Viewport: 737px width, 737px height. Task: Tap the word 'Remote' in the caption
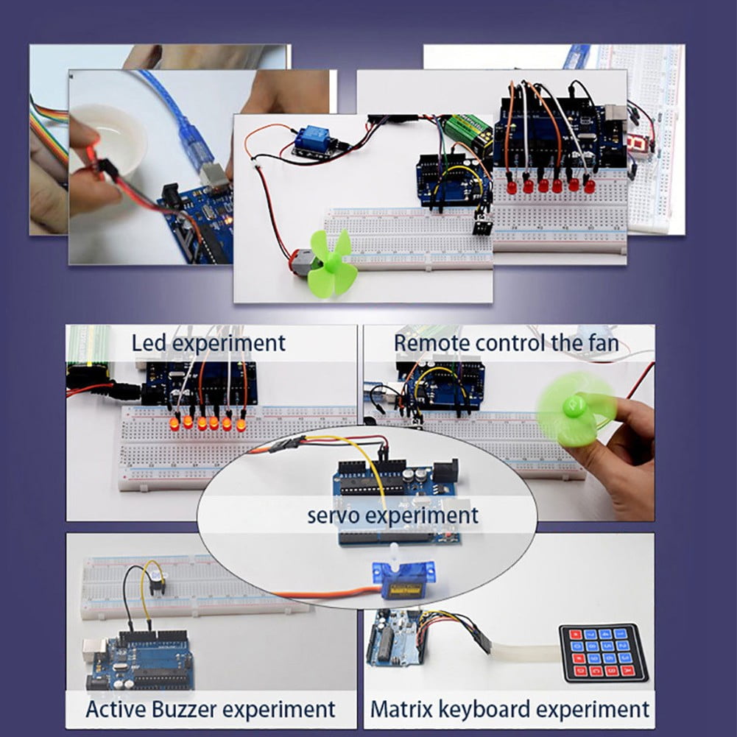pyautogui.click(x=431, y=342)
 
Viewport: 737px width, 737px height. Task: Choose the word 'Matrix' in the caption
pyautogui.click(x=401, y=709)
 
